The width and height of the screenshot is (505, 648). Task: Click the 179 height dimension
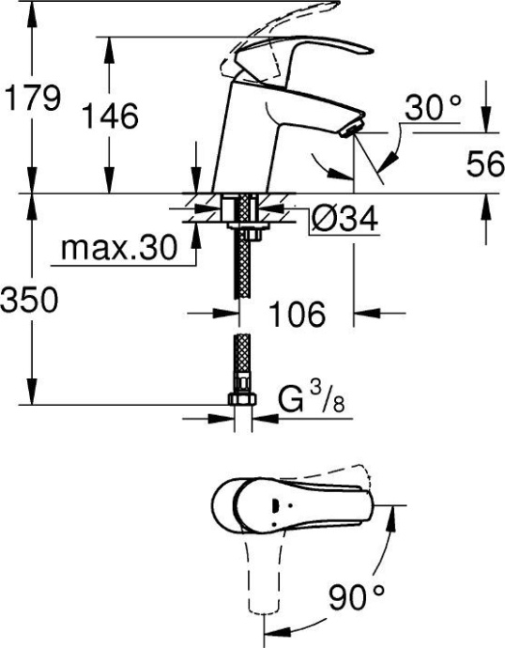pos(33,98)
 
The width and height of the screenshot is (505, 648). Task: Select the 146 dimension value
pos(111,116)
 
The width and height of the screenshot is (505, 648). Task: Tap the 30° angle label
pos(434,110)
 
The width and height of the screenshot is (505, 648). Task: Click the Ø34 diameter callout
pos(344,221)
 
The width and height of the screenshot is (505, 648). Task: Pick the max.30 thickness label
pos(118,249)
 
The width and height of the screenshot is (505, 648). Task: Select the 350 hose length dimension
pos(30,301)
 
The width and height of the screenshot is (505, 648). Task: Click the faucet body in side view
pos(249,141)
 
